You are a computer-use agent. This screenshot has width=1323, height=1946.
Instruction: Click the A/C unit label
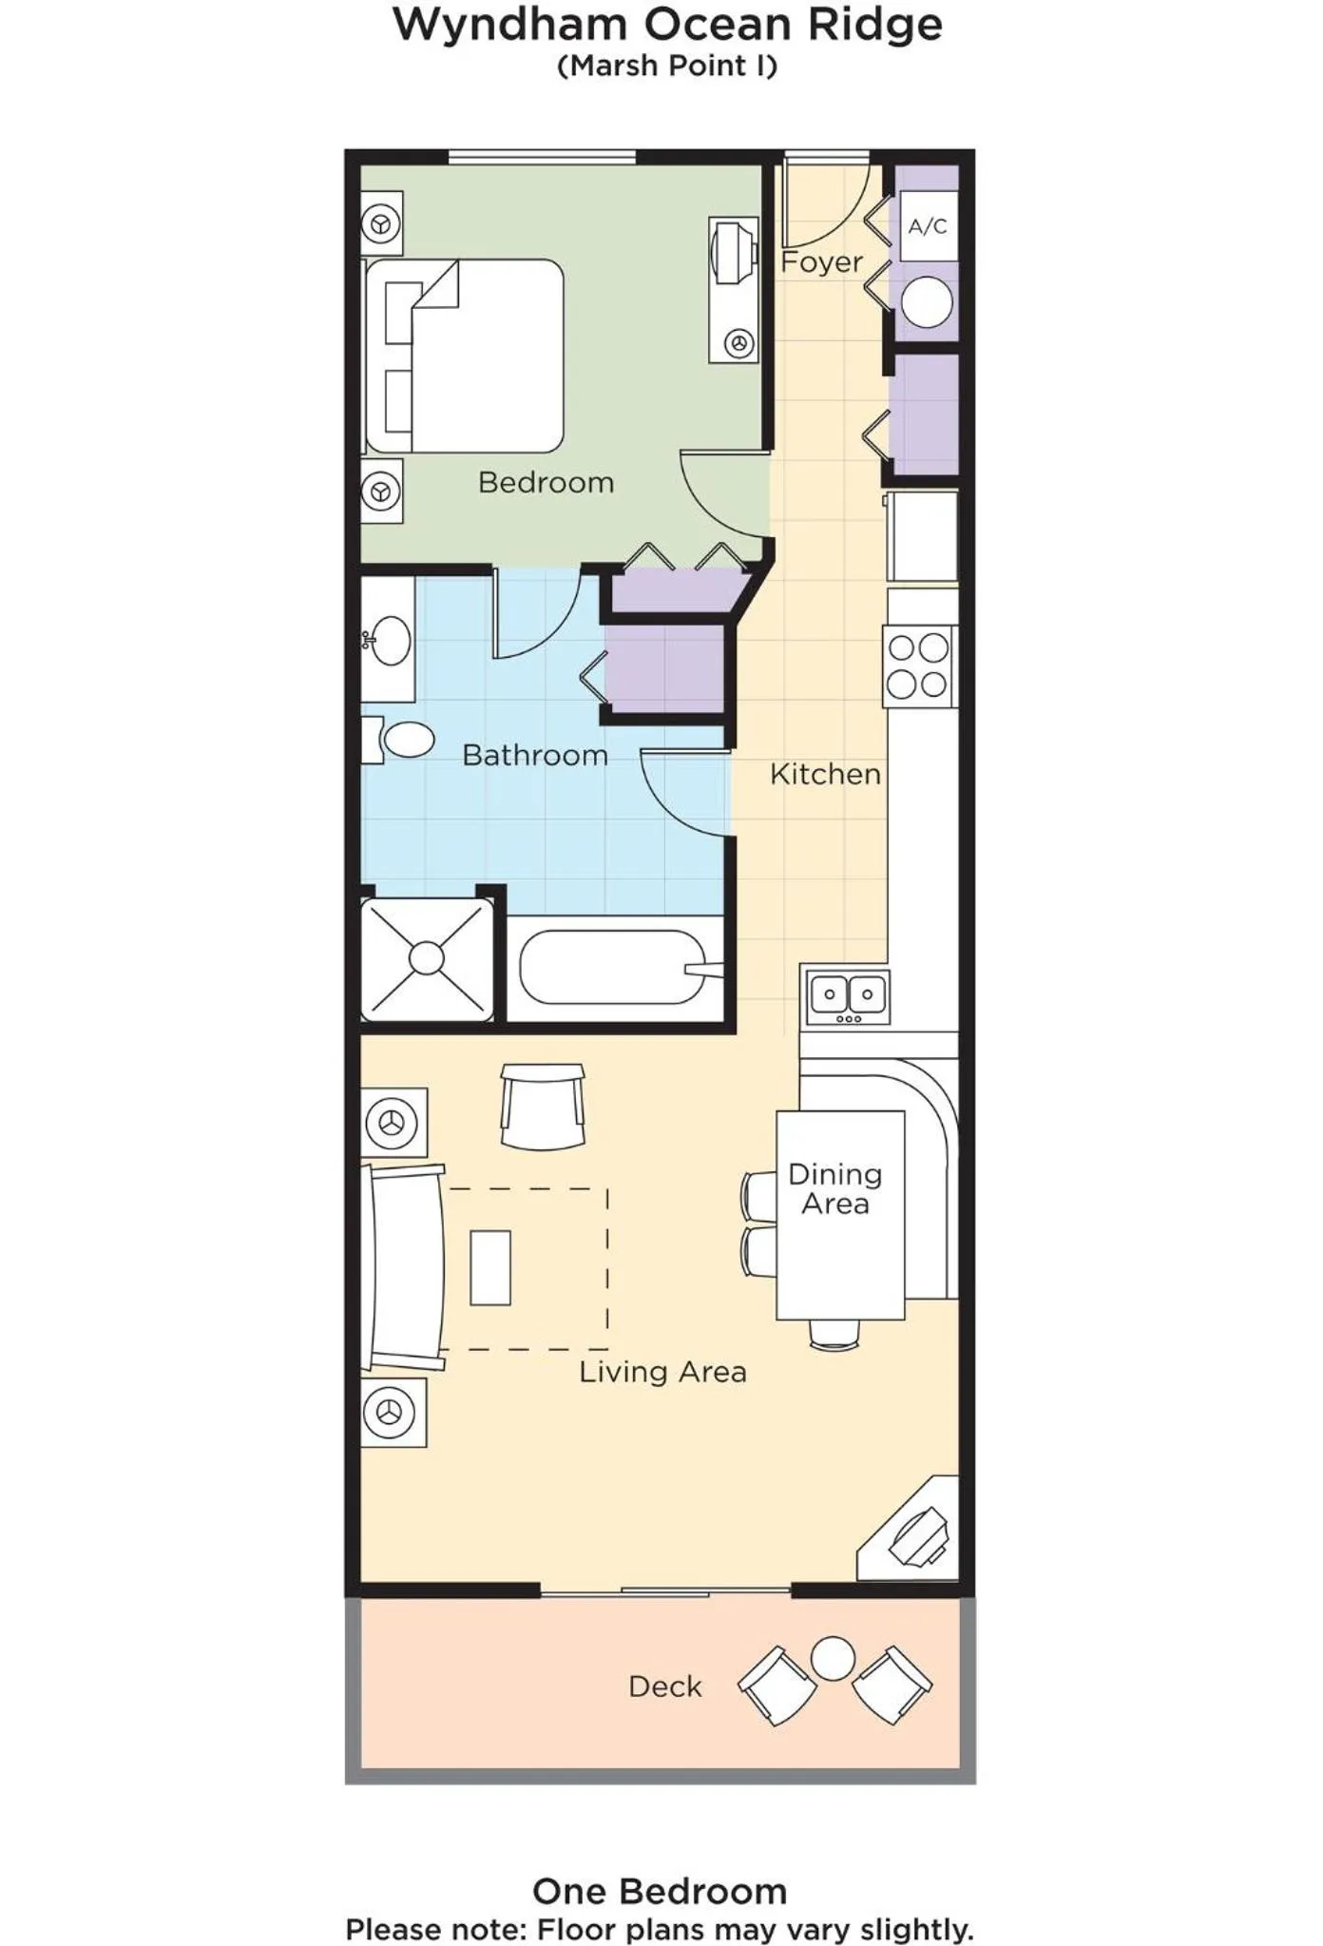point(928,226)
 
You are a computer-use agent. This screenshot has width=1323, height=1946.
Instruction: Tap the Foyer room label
point(821,261)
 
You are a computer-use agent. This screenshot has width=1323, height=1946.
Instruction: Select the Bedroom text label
point(546,482)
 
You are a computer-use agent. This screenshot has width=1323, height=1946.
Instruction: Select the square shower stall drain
point(427,957)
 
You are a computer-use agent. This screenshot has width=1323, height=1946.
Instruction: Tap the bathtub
point(613,968)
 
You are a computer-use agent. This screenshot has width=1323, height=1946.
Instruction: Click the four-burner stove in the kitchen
point(918,665)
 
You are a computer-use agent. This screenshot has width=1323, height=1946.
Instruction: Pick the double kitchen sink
point(848,996)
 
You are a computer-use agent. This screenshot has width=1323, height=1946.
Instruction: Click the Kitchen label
point(825,774)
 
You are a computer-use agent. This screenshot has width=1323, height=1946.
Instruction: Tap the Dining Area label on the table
point(835,1188)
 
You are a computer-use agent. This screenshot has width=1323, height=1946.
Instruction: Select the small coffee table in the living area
point(490,1267)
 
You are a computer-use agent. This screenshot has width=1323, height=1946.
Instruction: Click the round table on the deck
point(833,1658)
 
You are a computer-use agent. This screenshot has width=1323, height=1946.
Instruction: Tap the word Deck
point(664,1686)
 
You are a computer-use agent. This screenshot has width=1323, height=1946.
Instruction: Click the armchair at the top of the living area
point(543,1106)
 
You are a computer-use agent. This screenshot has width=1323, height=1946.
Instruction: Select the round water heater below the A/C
point(927,302)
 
